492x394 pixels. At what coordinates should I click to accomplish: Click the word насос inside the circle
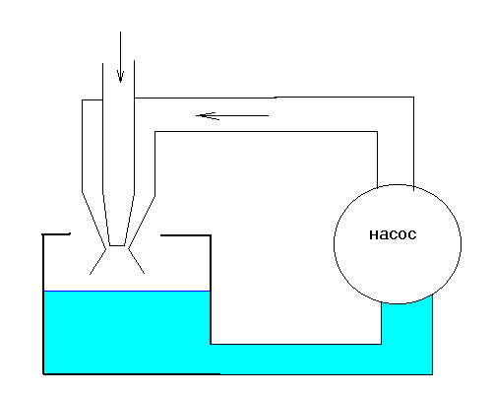pyautogui.click(x=393, y=234)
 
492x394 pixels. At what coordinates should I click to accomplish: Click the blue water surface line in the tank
pyautogui.click(x=127, y=291)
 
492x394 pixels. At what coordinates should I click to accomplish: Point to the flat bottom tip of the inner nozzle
pyautogui.click(x=117, y=245)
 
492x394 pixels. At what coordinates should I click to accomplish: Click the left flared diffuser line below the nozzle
pyautogui.click(x=97, y=262)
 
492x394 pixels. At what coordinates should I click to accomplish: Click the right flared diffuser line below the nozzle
pyautogui.click(x=137, y=261)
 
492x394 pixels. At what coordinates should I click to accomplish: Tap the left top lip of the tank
pyautogui.click(x=56, y=234)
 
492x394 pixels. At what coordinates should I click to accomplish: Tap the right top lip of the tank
pyautogui.click(x=185, y=235)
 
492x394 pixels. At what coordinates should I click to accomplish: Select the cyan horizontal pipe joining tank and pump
pyautogui.click(x=295, y=360)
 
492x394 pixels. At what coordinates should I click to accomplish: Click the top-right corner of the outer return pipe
pyautogui.click(x=413, y=98)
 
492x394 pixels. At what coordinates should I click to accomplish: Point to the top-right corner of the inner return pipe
pyautogui.click(x=377, y=132)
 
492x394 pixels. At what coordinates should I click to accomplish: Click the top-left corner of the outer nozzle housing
pyautogui.click(x=82, y=100)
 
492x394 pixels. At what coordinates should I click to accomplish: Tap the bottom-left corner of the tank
pyautogui.click(x=43, y=373)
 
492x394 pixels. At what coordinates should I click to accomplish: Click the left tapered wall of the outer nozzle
pyautogui.click(x=93, y=221)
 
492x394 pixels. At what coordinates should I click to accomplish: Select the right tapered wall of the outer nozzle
pyautogui.click(x=142, y=222)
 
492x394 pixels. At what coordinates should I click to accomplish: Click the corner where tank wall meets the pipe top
pyautogui.click(x=211, y=344)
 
